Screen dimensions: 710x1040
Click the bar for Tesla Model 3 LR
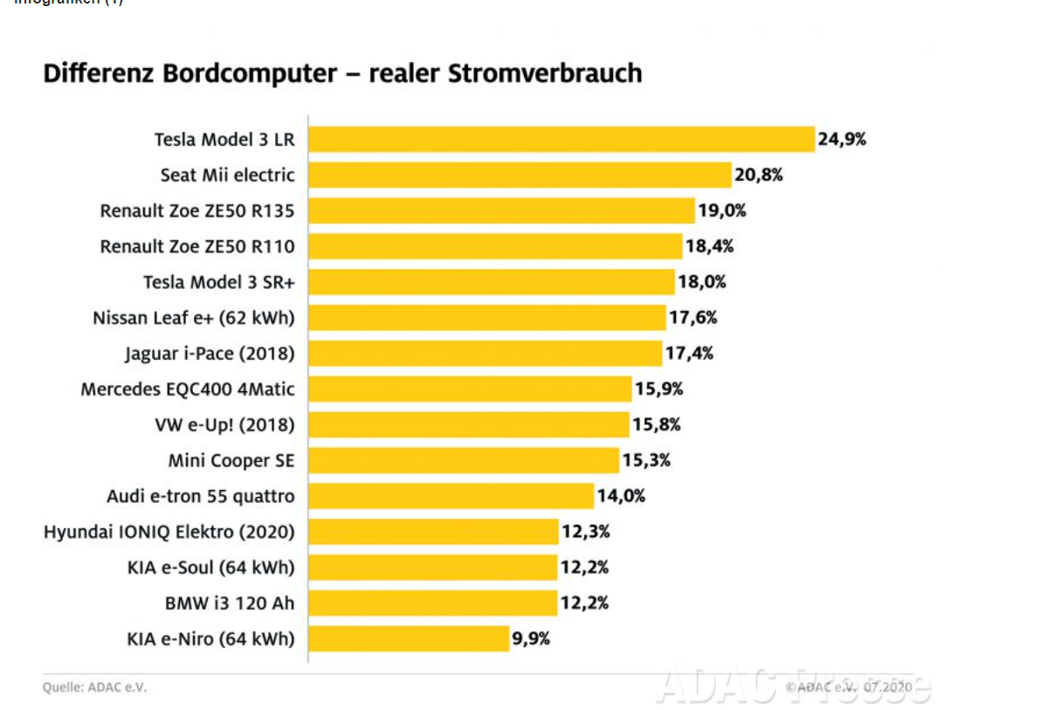coord(561,139)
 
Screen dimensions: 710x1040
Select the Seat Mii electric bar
coord(520,175)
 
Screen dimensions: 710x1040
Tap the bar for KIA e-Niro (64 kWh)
coord(409,638)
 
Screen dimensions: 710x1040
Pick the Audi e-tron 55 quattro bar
coord(451,496)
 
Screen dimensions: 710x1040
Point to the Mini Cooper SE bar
coord(464,460)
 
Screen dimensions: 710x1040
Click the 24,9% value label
coord(842,139)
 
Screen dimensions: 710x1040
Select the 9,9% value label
coord(531,638)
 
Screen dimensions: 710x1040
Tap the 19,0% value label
coord(721,210)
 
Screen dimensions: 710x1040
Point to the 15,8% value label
coord(657,424)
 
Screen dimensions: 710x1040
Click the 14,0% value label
coord(621,496)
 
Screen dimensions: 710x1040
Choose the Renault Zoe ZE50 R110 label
coord(197,246)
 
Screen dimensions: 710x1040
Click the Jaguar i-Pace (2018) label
coord(210,354)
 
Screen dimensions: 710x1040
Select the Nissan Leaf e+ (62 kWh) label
coord(194,318)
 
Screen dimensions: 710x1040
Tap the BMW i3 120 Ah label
coord(230,603)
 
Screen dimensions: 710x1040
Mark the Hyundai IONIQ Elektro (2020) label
coord(169,532)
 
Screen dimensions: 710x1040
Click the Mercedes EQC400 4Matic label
coord(188,389)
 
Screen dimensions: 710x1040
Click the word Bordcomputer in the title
coord(249,73)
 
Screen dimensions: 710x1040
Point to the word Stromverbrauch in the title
coord(544,73)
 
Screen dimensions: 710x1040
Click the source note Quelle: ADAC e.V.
coord(95,687)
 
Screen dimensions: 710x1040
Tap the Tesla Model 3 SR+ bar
coord(492,282)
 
